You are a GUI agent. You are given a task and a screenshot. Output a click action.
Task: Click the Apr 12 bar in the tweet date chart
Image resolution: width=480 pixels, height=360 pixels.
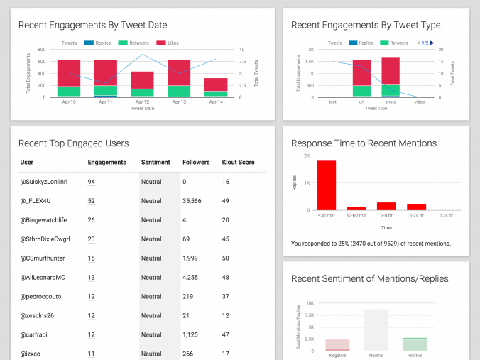tap(142, 84)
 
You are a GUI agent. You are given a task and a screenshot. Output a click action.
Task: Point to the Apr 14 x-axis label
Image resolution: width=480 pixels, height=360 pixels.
tap(217, 102)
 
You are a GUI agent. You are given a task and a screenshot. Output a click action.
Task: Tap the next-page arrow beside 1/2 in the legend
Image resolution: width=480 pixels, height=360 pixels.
tap(432, 43)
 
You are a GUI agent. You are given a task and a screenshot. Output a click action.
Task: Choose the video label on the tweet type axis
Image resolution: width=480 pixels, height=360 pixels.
tap(419, 102)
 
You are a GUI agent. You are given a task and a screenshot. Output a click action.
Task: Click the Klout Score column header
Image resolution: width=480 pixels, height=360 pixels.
tap(238, 163)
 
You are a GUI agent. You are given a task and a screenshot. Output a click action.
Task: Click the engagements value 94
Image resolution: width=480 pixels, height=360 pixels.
tap(91, 182)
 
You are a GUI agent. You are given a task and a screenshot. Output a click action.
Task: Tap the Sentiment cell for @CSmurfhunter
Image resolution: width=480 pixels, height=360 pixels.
tap(151, 258)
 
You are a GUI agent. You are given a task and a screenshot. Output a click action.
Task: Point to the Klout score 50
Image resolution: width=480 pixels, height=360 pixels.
tap(225, 258)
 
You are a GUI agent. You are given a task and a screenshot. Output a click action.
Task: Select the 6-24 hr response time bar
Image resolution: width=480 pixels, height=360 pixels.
tap(416, 207)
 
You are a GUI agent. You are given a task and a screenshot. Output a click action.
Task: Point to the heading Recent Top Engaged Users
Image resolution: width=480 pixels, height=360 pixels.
tap(73, 143)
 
